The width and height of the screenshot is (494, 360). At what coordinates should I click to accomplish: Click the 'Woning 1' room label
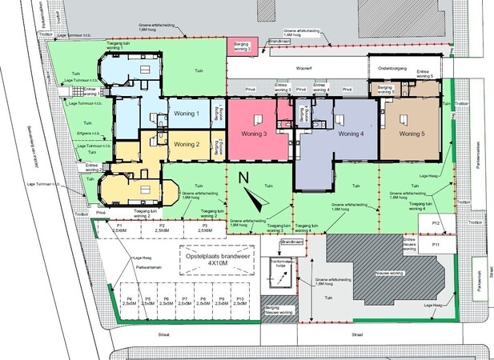click(186, 114)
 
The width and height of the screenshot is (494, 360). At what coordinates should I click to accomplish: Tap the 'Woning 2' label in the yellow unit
click(186, 144)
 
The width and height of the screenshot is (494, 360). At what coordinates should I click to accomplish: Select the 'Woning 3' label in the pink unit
click(254, 134)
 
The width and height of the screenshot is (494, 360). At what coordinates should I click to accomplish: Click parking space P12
click(436, 222)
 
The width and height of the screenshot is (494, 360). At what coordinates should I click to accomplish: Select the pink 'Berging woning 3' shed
click(242, 46)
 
